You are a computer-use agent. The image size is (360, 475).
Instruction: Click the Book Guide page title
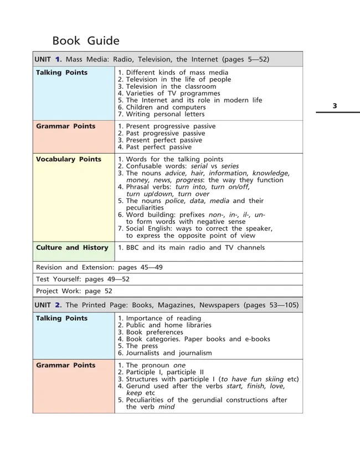(85, 41)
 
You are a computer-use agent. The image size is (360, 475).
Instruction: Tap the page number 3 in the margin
(335, 106)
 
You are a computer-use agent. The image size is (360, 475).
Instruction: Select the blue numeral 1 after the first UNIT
(58, 59)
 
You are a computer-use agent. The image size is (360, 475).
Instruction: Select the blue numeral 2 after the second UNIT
(58, 305)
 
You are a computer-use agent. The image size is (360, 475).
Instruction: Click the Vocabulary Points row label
(69, 159)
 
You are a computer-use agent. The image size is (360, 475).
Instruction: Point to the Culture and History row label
(72, 248)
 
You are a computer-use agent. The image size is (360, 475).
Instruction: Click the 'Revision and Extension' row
(99, 267)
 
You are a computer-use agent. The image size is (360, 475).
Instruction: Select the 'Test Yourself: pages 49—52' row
(83, 279)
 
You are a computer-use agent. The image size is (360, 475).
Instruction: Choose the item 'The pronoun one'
(155, 365)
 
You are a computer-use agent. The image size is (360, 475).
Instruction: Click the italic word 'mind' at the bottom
(166, 407)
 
